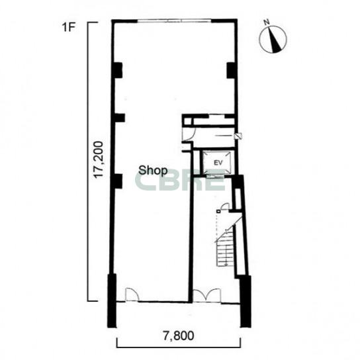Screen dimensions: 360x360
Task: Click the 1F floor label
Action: (69, 28)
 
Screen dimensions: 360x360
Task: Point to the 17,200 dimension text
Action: (99, 159)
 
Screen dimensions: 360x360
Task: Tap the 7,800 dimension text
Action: (179, 336)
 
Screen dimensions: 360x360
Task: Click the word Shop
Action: (153, 171)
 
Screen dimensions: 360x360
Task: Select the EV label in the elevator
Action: (218, 163)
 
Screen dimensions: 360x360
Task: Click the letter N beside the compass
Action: (266, 22)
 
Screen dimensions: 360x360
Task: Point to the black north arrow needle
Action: (275, 40)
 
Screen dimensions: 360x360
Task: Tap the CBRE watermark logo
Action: (179, 180)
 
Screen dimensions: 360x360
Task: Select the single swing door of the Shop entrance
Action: (132, 294)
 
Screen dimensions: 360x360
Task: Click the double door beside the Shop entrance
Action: (206, 296)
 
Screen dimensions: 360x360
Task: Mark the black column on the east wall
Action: (232, 70)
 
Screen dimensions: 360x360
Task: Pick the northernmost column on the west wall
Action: (118, 70)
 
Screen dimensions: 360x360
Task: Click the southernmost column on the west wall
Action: (118, 181)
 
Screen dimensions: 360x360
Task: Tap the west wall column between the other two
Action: (119, 118)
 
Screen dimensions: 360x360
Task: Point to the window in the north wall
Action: (175, 21)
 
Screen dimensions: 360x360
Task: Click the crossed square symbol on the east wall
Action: (238, 136)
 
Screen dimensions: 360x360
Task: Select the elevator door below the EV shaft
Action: (215, 177)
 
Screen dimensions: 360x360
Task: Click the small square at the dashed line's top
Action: (218, 211)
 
